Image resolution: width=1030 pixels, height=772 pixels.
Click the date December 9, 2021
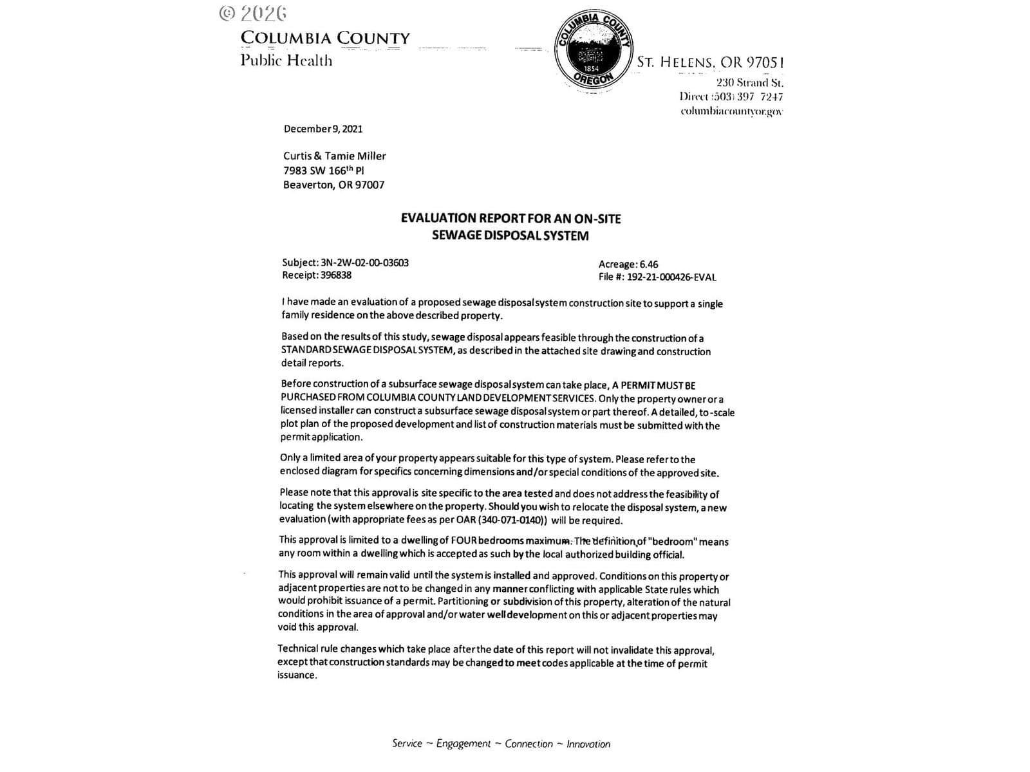(323, 129)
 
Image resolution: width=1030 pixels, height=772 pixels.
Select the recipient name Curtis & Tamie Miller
(335, 156)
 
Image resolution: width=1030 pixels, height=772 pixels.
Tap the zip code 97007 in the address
(370, 185)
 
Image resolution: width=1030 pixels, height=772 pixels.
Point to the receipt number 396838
(335, 275)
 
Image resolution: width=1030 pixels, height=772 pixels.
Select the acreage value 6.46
(649, 264)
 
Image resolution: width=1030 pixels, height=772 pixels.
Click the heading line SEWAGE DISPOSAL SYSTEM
(510, 235)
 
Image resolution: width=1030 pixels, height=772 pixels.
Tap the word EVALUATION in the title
(438, 219)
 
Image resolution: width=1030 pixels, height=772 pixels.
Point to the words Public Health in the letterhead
(286, 60)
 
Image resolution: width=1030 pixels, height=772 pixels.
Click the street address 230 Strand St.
(749, 82)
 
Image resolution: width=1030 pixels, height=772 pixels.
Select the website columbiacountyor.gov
(731, 111)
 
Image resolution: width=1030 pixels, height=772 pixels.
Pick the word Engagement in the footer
(464, 744)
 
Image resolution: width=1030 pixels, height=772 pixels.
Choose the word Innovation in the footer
(588, 744)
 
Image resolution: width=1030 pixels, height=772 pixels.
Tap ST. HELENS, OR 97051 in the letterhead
(710, 62)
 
